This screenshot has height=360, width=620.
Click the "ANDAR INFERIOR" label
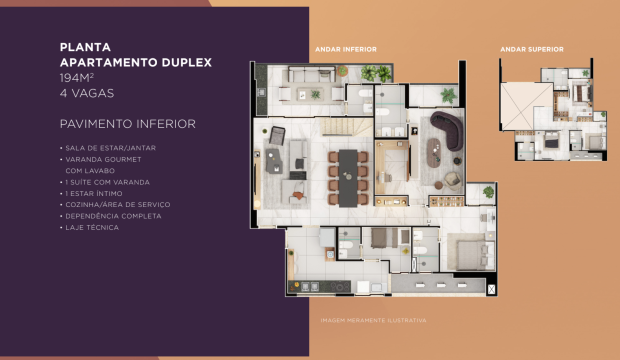pos(345,49)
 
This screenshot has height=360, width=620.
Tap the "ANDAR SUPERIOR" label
pos(531,49)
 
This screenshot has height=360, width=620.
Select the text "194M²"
pos(76,78)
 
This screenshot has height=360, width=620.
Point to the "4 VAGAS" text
pos(87,93)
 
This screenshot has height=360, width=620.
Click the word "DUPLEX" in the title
pos(187,62)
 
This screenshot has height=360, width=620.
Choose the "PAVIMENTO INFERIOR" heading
pos(127,123)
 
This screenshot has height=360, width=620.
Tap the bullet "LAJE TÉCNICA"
pos(92,227)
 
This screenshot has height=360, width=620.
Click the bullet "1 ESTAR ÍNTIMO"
pos(94,193)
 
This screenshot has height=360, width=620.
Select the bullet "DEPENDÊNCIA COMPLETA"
pos(113,216)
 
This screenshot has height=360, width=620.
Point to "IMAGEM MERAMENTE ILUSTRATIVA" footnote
pos(373,320)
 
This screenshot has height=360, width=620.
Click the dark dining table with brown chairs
pos(348,178)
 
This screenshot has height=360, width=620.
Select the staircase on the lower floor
pos(346,127)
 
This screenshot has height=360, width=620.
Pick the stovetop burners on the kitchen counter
pos(339,286)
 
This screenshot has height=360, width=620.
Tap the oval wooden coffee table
pos(433,152)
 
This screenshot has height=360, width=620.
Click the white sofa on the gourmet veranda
pos(312,74)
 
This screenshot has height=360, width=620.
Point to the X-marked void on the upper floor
pos(527,106)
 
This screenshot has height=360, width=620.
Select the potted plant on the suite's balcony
pos(488,191)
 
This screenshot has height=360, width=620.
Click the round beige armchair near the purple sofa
pos(452,181)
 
